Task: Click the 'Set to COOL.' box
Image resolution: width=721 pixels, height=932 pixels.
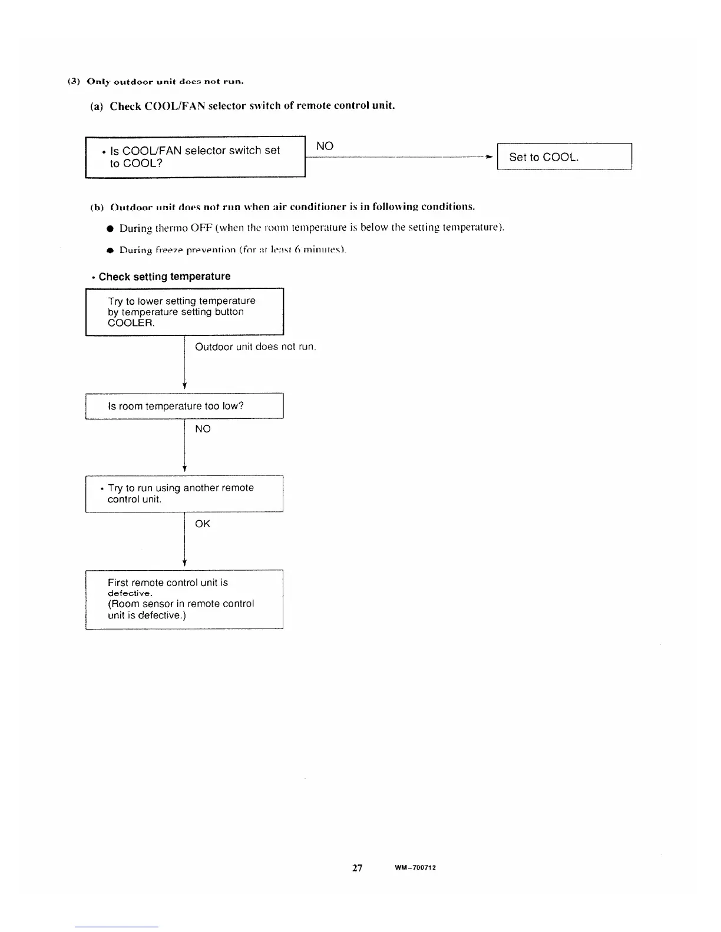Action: click(x=564, y=157)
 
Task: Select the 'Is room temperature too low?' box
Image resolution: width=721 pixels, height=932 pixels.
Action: click(x=184, y=406)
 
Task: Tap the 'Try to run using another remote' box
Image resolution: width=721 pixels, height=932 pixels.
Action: click(x=184, y=494)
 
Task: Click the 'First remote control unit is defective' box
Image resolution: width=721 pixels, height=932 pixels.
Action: click(x=184, y=599)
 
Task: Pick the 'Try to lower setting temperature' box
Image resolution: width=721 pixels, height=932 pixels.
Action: click(x=184, y=312)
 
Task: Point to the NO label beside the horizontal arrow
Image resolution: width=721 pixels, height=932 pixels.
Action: click(x=325, y=146)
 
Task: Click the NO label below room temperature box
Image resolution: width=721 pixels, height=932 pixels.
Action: click(x=203, y=429)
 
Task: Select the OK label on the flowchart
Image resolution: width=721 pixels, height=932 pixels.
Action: click(x=202, y=524)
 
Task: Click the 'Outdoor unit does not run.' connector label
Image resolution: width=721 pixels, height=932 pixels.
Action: click(x=256, y=347)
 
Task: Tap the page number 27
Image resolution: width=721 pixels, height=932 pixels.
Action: click(x=358, y=868)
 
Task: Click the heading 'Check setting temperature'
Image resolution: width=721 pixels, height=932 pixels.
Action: click(x=164, y=277)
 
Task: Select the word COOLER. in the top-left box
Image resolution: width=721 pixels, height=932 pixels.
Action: click(x=131, y=323)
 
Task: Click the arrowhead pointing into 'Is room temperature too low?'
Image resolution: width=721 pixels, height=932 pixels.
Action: click(x=185, y=386)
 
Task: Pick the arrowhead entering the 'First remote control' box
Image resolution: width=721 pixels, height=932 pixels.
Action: click(x=185, y=563)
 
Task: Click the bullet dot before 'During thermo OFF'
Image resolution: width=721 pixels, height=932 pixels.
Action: click(x=110, y=228)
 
